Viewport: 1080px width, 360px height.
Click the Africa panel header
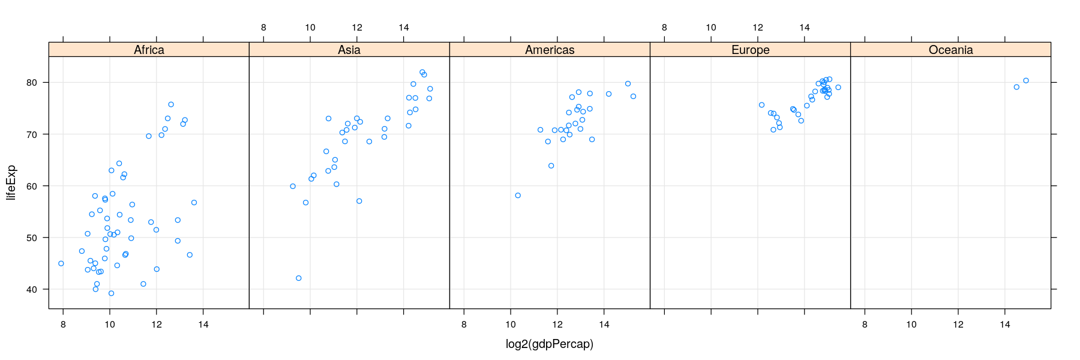click(149, 50)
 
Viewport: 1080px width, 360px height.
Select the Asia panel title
click(349, 50)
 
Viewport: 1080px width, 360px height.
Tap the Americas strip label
click(550, 50)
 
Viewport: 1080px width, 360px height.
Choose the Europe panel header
click(750, 50)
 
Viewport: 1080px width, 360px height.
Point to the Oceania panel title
click(950, 50)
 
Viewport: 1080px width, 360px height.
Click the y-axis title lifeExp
click(11, 182)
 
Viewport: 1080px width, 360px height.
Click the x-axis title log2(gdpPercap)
click(550, 344)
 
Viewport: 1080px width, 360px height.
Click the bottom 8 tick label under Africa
click(63, 325)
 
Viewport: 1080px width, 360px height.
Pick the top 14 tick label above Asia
click(404, 28)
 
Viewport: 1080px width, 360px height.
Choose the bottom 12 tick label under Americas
click(557, 325)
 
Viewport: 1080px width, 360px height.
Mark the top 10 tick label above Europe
click(711, 28)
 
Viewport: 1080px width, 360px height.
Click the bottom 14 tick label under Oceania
click(1005, 325)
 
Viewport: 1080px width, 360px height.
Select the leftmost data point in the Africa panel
click(61, 263)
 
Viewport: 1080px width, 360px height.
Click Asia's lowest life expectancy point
click(298, 278)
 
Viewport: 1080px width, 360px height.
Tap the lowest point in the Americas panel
click(518, 196)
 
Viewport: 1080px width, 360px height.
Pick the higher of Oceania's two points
click(1026, 80)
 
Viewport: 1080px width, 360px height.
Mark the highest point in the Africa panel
click(171, 104)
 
